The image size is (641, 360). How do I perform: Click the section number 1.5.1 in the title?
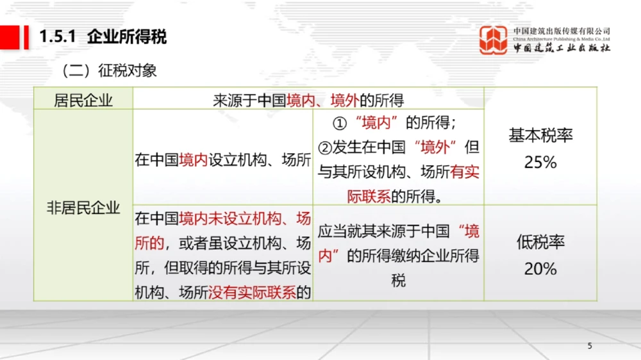(58, 37)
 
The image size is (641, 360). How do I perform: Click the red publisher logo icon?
(494, 40)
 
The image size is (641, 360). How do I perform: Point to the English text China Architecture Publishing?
(562, 39)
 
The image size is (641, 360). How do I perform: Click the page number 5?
(590, 347)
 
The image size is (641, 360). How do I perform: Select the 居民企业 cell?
(83, 101)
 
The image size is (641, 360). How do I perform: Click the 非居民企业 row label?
(83, 207)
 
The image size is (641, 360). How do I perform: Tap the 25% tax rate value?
(540, 163)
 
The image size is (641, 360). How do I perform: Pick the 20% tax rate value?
(540, 269)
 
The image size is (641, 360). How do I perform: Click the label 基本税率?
(540, 136)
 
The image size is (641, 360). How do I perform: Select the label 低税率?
(540, 242)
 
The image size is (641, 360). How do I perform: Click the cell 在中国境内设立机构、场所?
(222, 160)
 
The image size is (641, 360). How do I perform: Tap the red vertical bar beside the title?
(26, 37)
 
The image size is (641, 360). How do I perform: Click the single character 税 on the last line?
(398, 281)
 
